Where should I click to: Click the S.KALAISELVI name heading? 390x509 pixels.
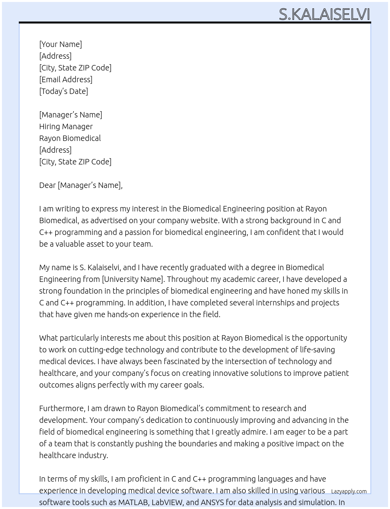point(324,14)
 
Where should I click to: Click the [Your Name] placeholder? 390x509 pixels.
point(60,44)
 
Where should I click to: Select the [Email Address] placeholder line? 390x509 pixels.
point(66,79)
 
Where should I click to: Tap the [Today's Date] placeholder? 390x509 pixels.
point(63,91)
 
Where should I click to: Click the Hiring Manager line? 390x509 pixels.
point(66,126)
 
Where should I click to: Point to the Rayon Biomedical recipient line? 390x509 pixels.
point(70,138)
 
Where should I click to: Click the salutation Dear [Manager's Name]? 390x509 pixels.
point(81,185)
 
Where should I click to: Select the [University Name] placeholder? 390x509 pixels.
point(133,279)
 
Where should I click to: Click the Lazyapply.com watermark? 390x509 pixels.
point(349,491)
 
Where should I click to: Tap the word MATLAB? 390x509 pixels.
point(132,502)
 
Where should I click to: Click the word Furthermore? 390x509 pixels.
point(62,408)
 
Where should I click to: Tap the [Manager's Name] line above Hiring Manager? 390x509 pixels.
point(70,115)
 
